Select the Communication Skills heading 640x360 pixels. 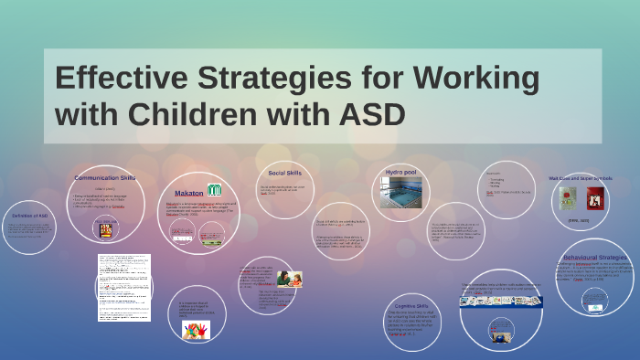[x=104, y=178]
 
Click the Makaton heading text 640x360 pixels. [x=189, y=193]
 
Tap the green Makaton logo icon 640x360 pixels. [x=214, y=190]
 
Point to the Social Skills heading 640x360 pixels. [x=285, y=173]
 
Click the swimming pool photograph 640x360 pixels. [x=401, y=193]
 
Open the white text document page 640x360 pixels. [x=123, y=287]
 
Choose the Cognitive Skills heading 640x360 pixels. [x=409, y=306]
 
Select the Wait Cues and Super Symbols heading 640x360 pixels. [x=580, y=178]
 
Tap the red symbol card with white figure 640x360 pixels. [x=595, y=198]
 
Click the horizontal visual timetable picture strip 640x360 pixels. [x=501, y=301]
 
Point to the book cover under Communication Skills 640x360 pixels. [x=105, y=230]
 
